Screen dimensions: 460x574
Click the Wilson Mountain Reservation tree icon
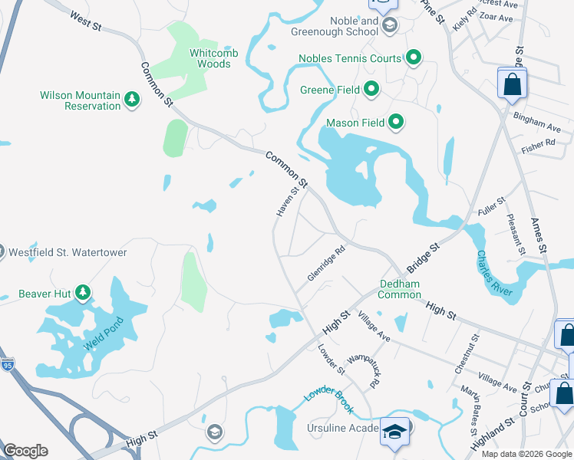pyautogui.click(x=131, y=99)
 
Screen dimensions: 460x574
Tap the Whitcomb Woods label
pyautogui.click(x=200, y=58)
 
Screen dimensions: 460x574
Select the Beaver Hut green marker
pyautogui.click(x=83, y=293)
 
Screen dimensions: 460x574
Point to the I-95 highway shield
pyautogui.click(x=7, y=365)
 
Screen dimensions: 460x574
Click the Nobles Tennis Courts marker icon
pyautogui.click(x=414, y=58)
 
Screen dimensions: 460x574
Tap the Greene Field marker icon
pyautogui.click(x=372, y=90)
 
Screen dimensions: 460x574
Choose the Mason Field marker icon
pyautogui.click(x=396, y=121)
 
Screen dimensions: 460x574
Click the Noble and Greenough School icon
pyautogui.click(x=389, y=25)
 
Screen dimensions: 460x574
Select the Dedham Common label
pyautogui.click(x=400, y=289)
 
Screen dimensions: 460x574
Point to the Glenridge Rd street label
pyautogui.click(x=327, y=263)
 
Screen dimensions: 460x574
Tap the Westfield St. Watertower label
pyautogui.click(x=68, y=252)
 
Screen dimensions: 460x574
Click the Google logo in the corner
pyautogui.click(x=25, y=451)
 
